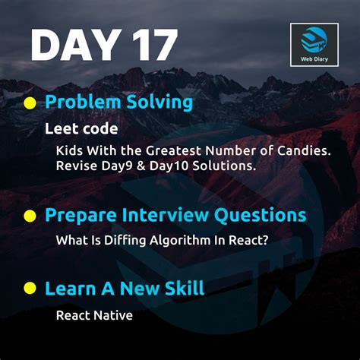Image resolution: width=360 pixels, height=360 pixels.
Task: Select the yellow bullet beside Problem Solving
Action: tap(30, 103)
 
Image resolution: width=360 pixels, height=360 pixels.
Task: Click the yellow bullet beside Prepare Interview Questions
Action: tap(30, 216)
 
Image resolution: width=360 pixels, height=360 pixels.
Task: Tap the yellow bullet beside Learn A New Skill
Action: tap(30, 289)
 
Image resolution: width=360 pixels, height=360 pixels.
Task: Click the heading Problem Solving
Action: tap(118, 103)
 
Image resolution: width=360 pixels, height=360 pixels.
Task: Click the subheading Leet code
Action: tap(81, 128)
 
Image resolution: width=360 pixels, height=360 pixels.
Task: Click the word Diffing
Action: tap(126, 240)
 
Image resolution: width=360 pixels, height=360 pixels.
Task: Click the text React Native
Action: tap(93, 314)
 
